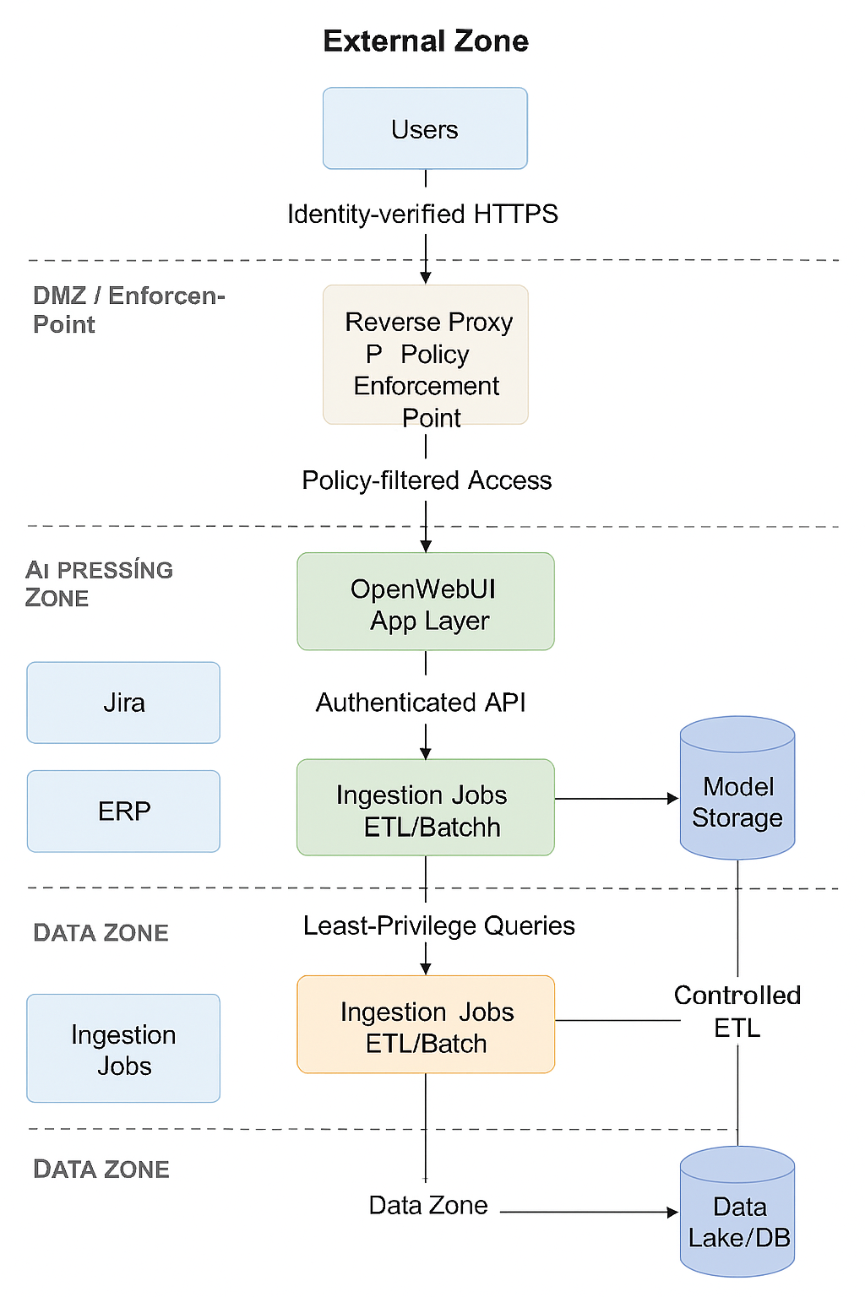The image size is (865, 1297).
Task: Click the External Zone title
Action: pyautogui.click(x=426, y=41)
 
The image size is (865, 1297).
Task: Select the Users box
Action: pyautogui.click(x=425, y=128)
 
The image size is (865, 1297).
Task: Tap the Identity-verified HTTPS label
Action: pyautogui.click(x=422, y=214)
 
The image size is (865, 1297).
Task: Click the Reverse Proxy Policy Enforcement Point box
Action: pyautogui.click(x=426, y=355)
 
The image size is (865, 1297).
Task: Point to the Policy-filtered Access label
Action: pyautogui.click(x=427, y=480)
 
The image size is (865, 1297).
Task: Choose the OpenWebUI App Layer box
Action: pyautogui.click(x=426, y=601)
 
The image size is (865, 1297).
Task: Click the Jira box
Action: pyautogui.click(x=123, y=703)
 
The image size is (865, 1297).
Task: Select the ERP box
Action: pyautogui.click(x=123, y=811)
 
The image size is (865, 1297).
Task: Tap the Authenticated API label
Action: pyautogui.click(x=421, y=703)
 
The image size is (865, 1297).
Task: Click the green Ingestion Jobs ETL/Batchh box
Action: pyautogui.click(x=426, y=807)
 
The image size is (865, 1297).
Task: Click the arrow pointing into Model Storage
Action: pyautogui.click(x=617, y=798)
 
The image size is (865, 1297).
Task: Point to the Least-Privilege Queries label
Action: pyautogui.click(x=438, y=925)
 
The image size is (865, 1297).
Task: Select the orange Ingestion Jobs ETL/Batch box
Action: pyautogui.click(x=426, y=1024)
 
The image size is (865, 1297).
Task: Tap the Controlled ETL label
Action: pyautogui.click(x=737, y=1011)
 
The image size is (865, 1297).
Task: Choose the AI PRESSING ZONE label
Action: pyautogui.click(x=99, y=583)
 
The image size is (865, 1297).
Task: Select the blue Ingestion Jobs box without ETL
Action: pyautogui.click(x=123, y=1048)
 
